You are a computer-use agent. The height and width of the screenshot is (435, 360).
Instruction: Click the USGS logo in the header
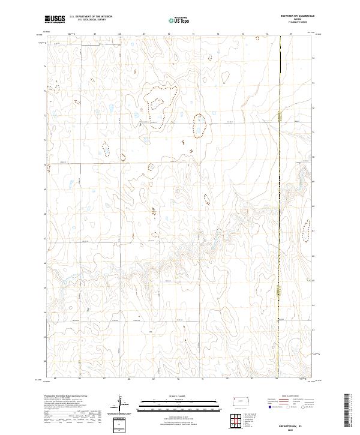pyautogui.click(x=55, y=20)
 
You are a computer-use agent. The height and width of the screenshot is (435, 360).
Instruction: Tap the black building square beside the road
pyautogui.click(x=140, y=124)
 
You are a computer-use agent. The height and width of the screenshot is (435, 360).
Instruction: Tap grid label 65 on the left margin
pyautogui.click(x=43, y=287)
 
